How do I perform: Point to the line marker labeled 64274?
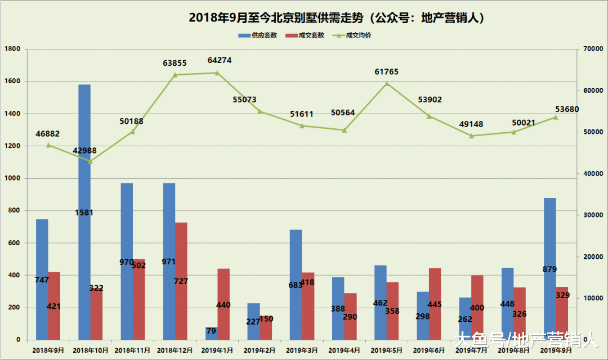pos(217,73)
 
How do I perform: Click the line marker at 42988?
pos(90,161)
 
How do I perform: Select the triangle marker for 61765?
pos(387,83)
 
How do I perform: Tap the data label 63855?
pos(175,63)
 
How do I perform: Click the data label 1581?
pos(84,213)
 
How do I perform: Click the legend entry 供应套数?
pos(257,35)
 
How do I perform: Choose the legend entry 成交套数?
pos(305,35)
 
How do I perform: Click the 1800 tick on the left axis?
pos(12,49)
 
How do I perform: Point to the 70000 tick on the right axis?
pos(592,49)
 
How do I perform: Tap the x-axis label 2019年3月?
pos(302,350)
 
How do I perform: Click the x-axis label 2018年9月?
pos(48,350)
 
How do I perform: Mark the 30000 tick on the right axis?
pos(592,215)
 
